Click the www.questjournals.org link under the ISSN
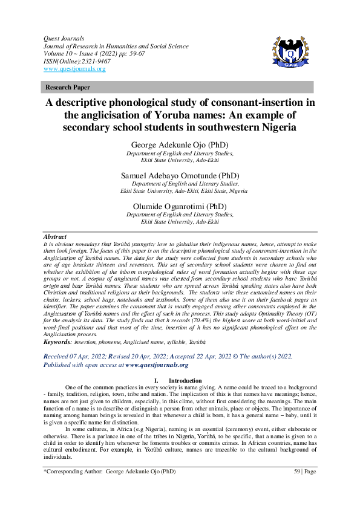point(74,69)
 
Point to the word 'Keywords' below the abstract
point(57,342)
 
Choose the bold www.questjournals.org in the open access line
point(157,365)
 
